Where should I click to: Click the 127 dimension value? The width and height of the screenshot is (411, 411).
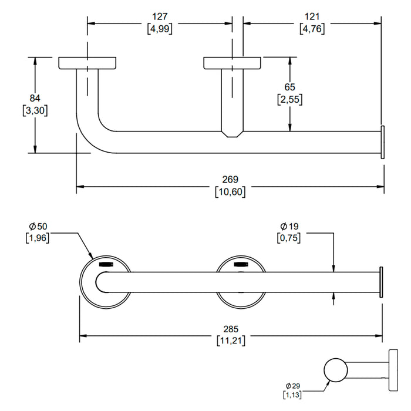pyautogui.click(x=160, y=17)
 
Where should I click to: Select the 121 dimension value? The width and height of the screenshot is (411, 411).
pyautogui.click(x=312, y=17)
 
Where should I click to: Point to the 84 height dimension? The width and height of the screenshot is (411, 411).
pyautogui.click(x=35, y=98)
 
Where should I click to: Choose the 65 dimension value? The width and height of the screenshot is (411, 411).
pyautogui.click(x=289, y=87)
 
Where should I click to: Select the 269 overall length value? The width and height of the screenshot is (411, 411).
pyautogui.click(x=230, y=180)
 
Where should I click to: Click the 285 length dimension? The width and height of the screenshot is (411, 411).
pyautogui.click(x=231, y=329)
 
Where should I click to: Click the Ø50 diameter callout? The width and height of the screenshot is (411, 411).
pyautogui.click(x=38, y=226)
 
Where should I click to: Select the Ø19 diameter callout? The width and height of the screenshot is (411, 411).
pyautogui.click(x=289, y=226)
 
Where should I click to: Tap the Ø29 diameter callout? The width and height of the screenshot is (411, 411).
pyautogui.click(x=293, y=386)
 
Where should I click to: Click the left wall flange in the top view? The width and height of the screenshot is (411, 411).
pyautogui.click(x=87, y=63)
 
